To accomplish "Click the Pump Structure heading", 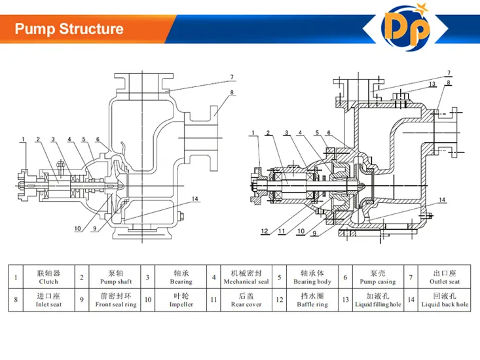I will click(69, 29).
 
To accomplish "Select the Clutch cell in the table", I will click(48, 277).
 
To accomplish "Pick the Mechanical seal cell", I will click(246, 277).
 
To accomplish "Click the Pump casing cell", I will click(378, 277).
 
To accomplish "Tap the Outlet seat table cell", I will click(445, 277).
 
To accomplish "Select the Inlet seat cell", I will click(48, 300).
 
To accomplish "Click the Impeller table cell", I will click(181, 300).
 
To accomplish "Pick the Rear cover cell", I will click(246, 300).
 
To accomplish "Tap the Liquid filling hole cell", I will click(378, 300).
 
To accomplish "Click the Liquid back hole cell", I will click(445, 300).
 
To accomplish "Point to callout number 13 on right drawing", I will click(432, 84).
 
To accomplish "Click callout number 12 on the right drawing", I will click(264, 230).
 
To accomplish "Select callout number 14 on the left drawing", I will click(194, 198).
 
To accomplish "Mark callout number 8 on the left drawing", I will click(232, 93).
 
